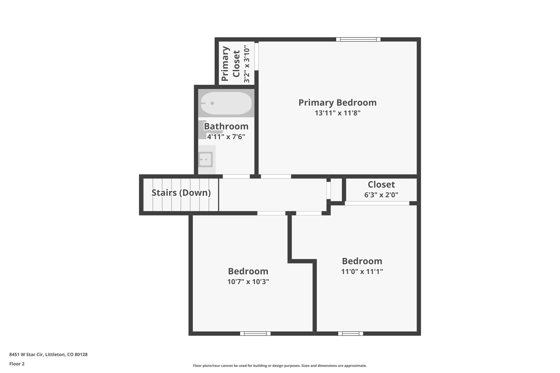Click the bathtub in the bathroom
(x=226, y=103)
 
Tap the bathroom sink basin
(x=206, y=159)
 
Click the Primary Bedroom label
(x=337, y=103)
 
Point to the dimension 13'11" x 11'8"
(x=337, y=113)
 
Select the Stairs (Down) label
(x=181, y=193)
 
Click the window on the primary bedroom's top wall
(x=358, y=39)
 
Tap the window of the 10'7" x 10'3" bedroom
(x=255, y=333)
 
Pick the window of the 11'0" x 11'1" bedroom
(x=351, y=333)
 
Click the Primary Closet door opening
(x=256, y=56)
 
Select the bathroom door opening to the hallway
(x=236, y=177)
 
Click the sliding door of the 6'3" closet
(x=377, y=203)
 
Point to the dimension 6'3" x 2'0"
(x=381, y=195)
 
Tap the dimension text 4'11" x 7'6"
(x=226, y=137)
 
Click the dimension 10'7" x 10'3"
(x=248, y=282)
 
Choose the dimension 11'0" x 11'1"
(x=362, y=272)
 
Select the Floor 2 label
(x=17, y=364)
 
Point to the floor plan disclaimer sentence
(x=280, y=366)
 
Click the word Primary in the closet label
(x=225, y=64)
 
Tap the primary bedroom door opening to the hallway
(x=276, y=177)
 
